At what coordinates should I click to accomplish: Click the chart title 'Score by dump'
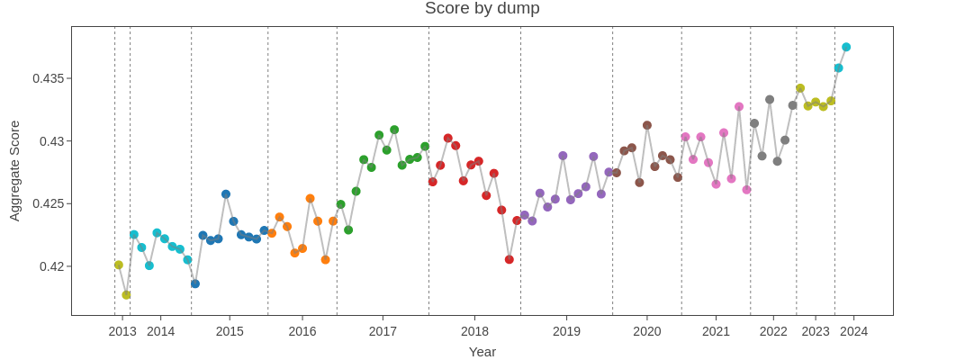click(482, 9)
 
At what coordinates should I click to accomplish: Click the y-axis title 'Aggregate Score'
click(14, 170)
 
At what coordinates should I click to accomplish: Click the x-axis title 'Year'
click(482, 352)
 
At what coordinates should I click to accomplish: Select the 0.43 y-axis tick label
click(52, 141)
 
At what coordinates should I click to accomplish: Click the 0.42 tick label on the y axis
click(52, 266)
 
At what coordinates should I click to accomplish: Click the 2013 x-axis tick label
click(122, 331)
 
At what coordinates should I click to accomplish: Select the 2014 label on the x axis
click(161, 331)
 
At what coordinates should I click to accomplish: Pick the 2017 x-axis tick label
click(383, 331)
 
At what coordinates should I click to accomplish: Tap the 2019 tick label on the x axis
click(566, 331)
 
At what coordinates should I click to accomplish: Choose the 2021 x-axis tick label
click(716, 331)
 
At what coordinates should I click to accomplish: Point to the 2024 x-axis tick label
click(853, 331)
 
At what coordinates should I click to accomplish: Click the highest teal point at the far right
click(846, 47)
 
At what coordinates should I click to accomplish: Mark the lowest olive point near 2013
click(126, 294)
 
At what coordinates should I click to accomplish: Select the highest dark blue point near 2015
click(226, 194)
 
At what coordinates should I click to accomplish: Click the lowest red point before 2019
click(510, 259)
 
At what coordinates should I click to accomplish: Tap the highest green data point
click(394, 130)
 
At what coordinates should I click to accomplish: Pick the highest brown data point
click(647, 125)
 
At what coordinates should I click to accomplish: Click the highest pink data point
click(739, 106)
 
